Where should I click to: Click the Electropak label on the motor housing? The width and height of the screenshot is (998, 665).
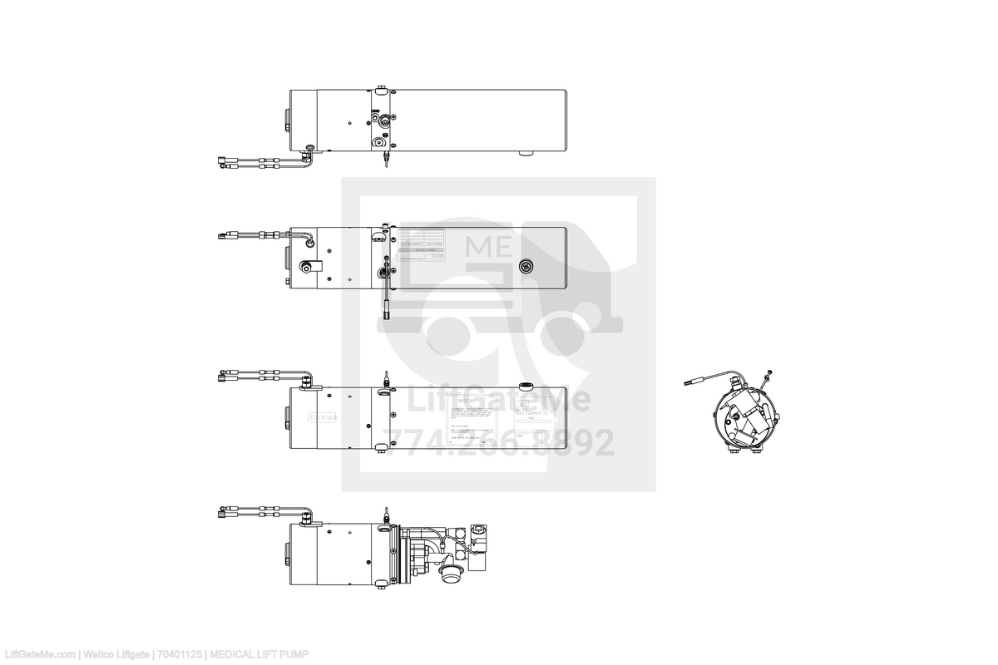[323, 418]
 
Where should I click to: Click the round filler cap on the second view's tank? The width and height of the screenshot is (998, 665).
[526, 267]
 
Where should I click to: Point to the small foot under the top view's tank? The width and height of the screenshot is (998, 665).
[526, 154]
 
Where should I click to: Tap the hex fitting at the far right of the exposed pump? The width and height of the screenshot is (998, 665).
[480, 529]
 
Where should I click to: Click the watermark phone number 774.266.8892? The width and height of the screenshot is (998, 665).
[498, 443]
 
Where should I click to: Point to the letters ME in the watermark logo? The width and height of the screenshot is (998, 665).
[490, 247]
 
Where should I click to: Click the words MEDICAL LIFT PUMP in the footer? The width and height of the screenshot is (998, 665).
[258, 655]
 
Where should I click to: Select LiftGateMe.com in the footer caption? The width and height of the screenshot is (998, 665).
[40, 655]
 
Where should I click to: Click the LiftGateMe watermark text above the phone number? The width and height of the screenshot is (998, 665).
[498, 402]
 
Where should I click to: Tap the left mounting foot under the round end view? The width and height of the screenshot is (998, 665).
[732, 450]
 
